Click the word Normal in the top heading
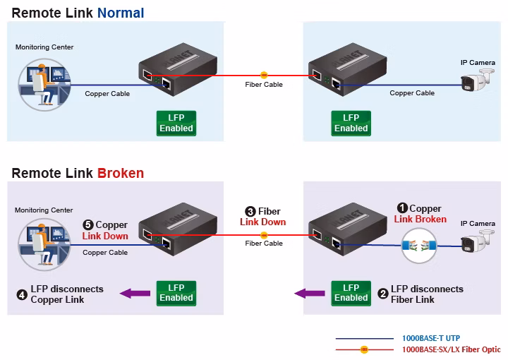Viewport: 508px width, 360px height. click(x=121, y=13)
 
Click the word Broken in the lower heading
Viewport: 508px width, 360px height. click(x=121, y=173)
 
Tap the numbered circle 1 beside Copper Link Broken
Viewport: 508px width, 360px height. click(x=402, y=208)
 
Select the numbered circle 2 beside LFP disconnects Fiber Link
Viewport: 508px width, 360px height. click(x=383, y=294)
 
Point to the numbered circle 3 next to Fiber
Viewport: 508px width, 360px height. click(x=250, y=212)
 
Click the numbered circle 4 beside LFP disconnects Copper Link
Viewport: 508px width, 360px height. click(x=22, y=294)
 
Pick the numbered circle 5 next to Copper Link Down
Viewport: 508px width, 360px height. click(x=88, y=225)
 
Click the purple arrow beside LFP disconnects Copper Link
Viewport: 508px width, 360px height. click(x=135, y=294)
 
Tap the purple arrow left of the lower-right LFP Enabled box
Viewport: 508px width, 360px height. click(x=310, y=294)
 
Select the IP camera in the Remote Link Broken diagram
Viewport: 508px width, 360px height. click(x=477, y=241)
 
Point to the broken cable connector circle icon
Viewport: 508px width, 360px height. click(x=419, y=246)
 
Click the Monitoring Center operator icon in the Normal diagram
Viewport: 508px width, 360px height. click(x=44, y=85)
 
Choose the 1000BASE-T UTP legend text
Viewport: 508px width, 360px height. click(x=431, y=338)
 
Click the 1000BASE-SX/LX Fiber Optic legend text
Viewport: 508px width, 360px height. click(x=452, y=349)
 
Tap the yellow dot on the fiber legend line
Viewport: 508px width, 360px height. click(x=364, y=349)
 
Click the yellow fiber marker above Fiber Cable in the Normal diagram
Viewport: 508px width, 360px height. click(x=264, y=75)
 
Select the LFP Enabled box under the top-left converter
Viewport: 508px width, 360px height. click(x=176, y=123)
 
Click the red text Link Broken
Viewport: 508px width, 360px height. click(x=421, y=219)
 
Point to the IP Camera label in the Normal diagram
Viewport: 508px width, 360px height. click(x=478, y=63)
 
